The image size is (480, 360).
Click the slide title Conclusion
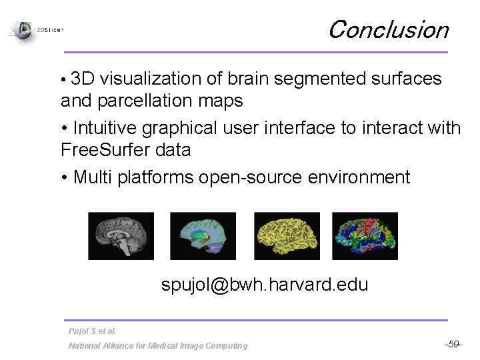point(388,30)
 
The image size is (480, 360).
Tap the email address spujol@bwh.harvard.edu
point(264,285)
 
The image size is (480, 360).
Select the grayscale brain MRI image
point(121,236)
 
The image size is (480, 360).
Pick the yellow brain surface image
point(287,236)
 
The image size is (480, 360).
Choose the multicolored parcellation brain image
point(365,236)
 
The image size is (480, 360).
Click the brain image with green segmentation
point(203,236)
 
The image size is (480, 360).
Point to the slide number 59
point(453,344)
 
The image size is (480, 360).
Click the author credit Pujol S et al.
point(92,331)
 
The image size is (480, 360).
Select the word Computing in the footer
point(226,345)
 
